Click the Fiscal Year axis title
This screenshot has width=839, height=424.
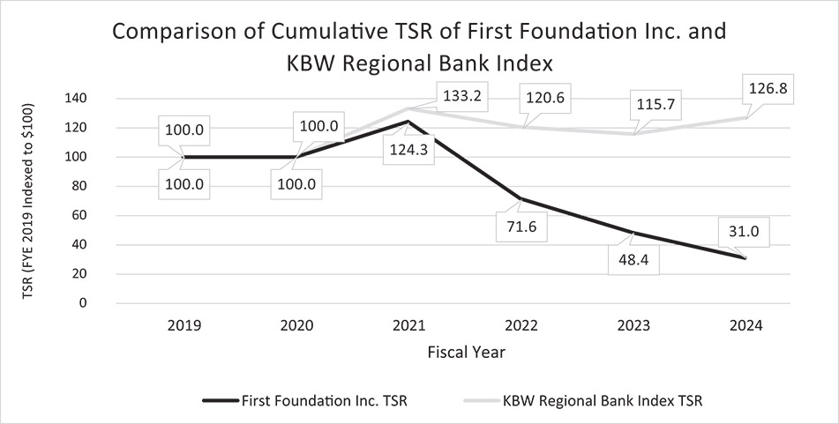click(465, 352)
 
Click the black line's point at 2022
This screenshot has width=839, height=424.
click(521, 198)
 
